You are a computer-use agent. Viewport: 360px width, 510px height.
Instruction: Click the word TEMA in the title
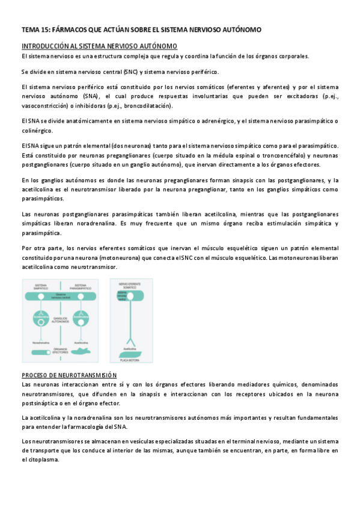(28, 29)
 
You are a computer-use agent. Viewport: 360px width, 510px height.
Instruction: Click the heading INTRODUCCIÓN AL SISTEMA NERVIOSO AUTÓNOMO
(99, 46)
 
